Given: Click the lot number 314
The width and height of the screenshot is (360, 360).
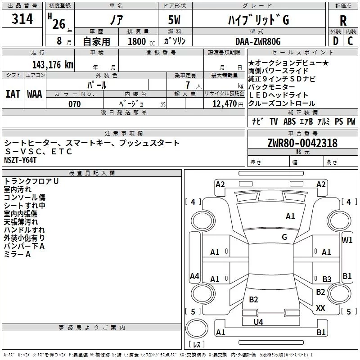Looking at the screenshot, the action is pyautogui.click(x=22, y=19).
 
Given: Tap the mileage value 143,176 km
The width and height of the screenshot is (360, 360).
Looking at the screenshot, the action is pyautogui.click(x=53, y=65).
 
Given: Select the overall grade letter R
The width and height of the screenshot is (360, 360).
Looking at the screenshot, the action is pyautogui.click(x=343, y=21).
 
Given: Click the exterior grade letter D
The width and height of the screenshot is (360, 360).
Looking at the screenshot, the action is pyautogui.click(x=336, y=41).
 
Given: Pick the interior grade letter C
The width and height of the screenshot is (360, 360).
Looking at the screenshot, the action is pyautogui.click(x=350, y=41).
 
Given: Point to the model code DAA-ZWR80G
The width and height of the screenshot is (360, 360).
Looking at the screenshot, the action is pyautogui.click(x=258, y=41).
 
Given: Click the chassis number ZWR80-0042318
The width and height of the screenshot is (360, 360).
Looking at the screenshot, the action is pyautogui.click(x=302, y=143).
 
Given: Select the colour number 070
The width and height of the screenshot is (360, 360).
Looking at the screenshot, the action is pyautogui.click(x=75, y=104).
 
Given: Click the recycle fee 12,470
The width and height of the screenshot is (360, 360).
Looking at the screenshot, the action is pyautogui.click(x=225, y=104).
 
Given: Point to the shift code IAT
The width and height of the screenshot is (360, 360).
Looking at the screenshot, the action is pyautogui.click(x=13, y=94).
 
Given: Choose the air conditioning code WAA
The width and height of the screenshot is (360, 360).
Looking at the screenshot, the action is pyautogui.click(x=35, y=94).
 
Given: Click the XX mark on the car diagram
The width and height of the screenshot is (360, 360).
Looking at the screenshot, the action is pyautogui.click(x=320, y=308).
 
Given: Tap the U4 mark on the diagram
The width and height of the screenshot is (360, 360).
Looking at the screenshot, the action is pyautogui.click(x=258, y=322).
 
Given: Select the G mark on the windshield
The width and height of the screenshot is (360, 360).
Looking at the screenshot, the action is pyautogui.click(x=284, y=237).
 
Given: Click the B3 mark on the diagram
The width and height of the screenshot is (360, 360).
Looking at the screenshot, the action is pyautogui.click(x=327, y=279).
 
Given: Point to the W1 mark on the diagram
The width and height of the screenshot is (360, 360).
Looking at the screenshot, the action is pyautogui.click(x=347, y=240).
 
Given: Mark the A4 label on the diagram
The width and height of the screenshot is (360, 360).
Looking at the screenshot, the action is pyautogui.click(x=194, y=276).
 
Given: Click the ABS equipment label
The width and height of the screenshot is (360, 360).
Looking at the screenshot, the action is pyautogui.click(x=289, y=121).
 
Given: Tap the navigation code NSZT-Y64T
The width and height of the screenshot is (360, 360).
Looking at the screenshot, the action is pyautogui.click(x=20, y=160).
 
